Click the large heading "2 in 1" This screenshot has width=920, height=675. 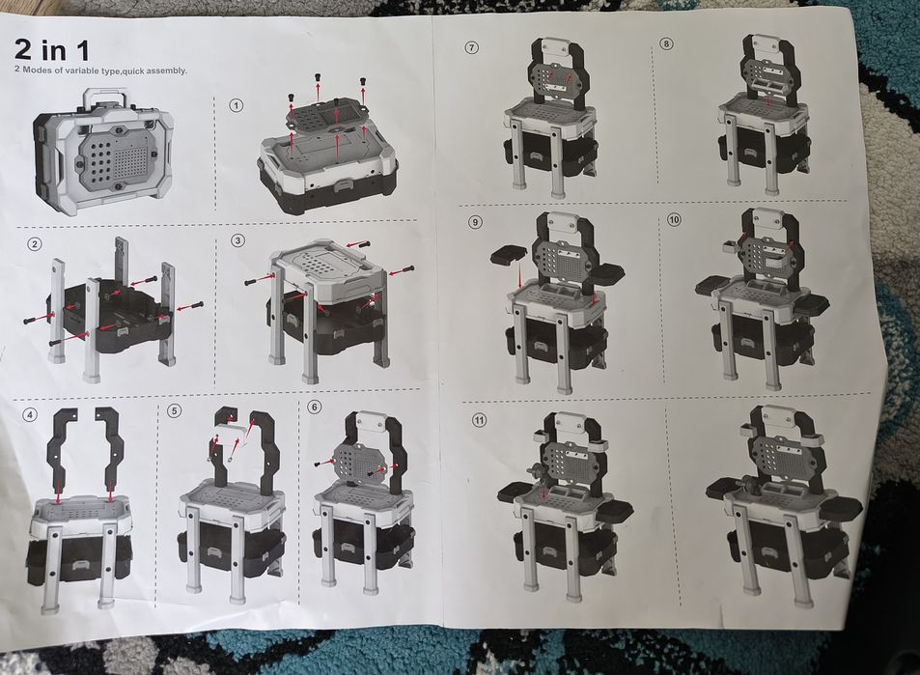click(x=51, y=49)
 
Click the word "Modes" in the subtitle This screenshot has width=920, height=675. click(x=36, y=70)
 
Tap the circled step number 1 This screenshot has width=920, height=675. click(x=236, y=105)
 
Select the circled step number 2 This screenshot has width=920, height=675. click(x=35, y=243)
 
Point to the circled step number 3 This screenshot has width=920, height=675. click(x=237, y=240)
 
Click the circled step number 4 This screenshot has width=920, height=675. click(x=29, y=415)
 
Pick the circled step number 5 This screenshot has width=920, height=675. click(x=174, y=410)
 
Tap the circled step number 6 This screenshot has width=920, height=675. click(x=315, y=407)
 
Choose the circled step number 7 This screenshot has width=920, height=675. click(x=471, y=47)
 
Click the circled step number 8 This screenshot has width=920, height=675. click(x=666, y=43)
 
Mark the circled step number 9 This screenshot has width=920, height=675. click(x=475, y=222)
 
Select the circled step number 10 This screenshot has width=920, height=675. click(x=674, y=219)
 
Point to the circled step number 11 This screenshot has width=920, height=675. click(x=480, y=420)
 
